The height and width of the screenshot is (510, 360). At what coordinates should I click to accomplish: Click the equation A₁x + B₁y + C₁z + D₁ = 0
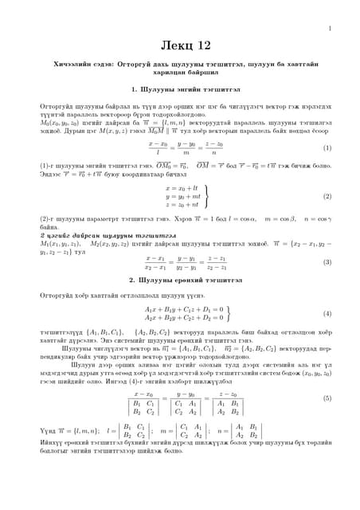pos(184,308)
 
